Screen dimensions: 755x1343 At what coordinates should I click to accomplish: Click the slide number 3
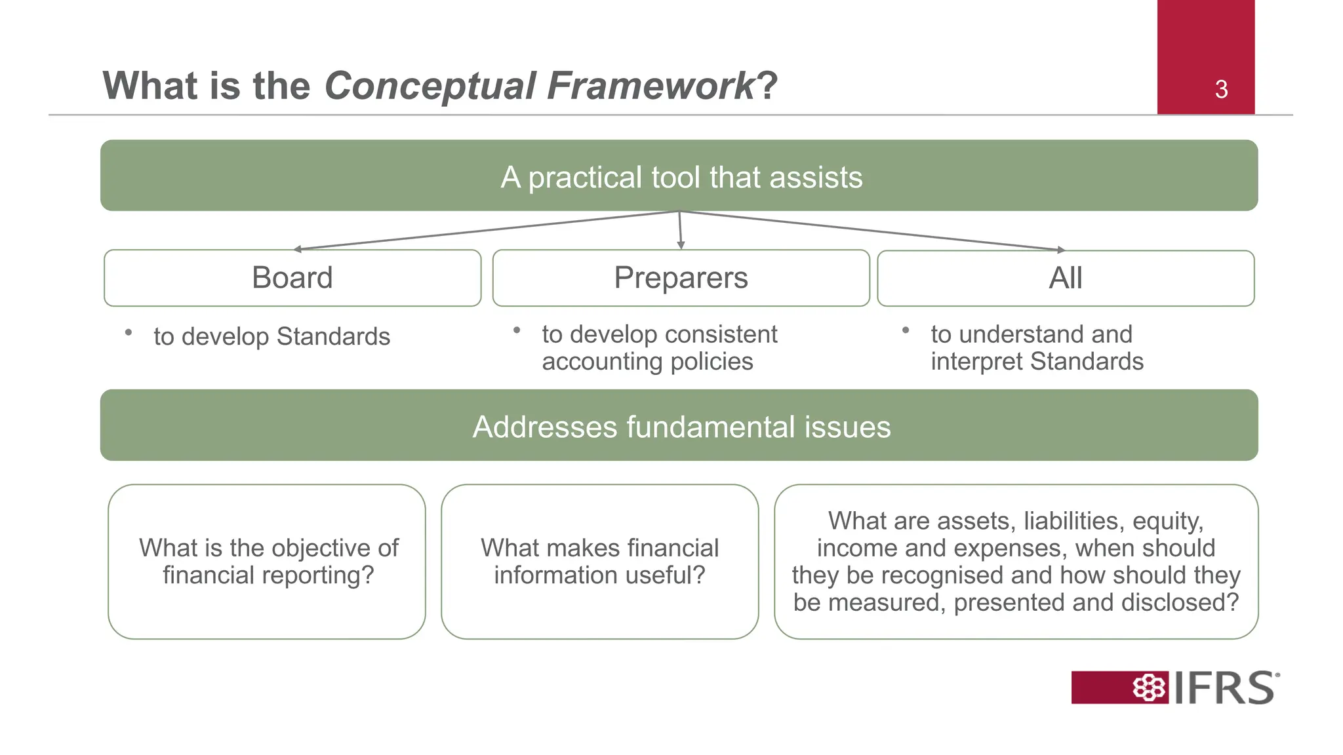pos(1221,89)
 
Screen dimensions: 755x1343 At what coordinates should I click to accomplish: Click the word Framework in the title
pos(651,86)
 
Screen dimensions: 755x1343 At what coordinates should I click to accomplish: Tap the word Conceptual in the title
pos(430,86)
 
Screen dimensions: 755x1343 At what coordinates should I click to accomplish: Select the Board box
pos(292,278)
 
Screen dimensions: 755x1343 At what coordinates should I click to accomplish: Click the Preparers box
pos(681,278)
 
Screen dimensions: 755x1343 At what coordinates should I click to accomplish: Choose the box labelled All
pos(1066,278)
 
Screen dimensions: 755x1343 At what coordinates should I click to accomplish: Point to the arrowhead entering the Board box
pos(298,249)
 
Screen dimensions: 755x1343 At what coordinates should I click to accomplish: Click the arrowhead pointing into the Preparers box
pos(681,246)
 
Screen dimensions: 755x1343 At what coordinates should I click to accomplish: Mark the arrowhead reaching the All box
pos(1060,250)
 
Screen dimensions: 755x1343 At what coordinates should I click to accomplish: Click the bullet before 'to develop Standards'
pos(129,333)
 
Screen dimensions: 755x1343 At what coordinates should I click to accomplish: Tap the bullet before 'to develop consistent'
pos(517,330)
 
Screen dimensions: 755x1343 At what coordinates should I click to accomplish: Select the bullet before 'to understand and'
pos(906,330)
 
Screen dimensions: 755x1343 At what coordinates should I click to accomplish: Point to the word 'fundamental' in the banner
pos(711,427)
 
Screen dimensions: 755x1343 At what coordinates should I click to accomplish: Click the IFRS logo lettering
pos(1224,688)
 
